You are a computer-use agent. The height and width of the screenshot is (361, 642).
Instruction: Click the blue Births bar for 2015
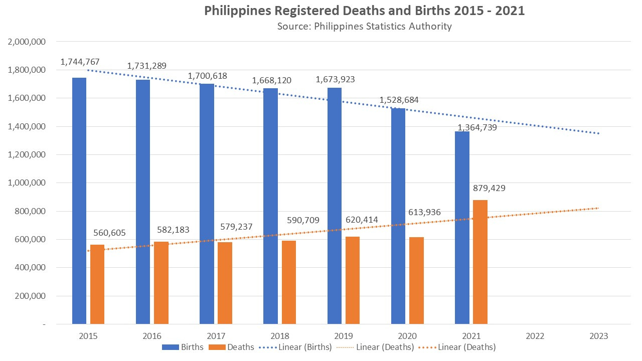(x=79, y=201)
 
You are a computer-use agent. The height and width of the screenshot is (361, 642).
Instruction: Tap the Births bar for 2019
(x=335, y=206)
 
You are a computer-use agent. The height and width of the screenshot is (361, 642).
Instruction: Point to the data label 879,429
(x=489, y=189)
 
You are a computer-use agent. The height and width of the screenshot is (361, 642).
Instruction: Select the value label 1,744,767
(x=80, y=62)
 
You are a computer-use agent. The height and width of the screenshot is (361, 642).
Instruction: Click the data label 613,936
(x=424, y=212)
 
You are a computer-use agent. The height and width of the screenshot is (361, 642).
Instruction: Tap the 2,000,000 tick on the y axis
(x=27, y=42)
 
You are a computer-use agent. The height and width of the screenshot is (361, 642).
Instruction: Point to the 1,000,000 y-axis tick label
(x=27, y=183)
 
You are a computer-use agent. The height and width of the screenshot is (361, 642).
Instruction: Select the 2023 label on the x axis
(x=599, y=336)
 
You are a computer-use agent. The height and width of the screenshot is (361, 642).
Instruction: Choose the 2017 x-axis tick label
(x=216, y=336)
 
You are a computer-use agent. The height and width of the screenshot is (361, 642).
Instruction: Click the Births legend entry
(x=183, y=347)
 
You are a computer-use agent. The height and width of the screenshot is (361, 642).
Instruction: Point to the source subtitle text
(x=364, y=26)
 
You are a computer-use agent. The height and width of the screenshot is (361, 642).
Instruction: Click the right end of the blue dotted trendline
(x=598, y=133)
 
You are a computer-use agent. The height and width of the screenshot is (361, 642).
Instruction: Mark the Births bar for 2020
(x=398, y=216)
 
